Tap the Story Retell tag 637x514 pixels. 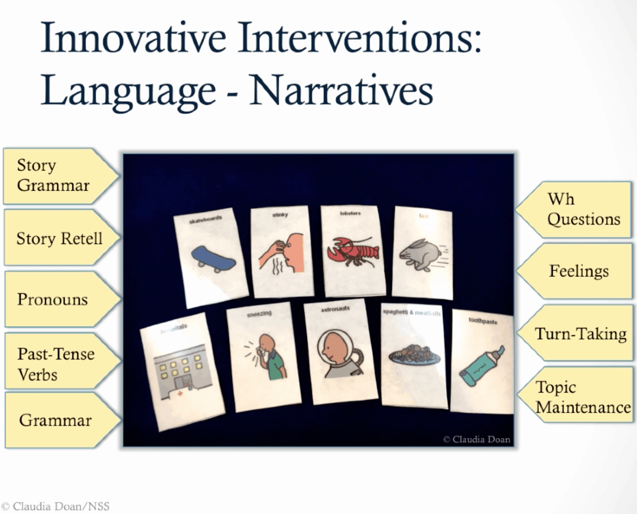59,238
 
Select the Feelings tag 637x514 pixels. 579,271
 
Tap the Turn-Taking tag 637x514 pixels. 580,334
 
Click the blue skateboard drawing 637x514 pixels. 213,259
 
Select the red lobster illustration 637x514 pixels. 352,252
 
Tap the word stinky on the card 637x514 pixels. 280,215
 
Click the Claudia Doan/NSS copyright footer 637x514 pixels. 55,506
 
